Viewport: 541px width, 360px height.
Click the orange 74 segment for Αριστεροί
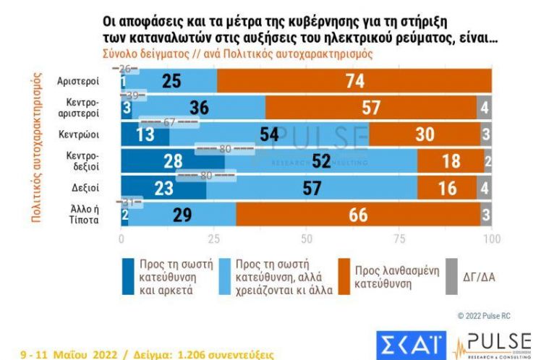354,81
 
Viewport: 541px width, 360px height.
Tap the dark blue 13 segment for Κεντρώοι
144,134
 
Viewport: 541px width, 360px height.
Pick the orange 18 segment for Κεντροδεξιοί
451,160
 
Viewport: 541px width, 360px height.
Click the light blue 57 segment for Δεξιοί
311,188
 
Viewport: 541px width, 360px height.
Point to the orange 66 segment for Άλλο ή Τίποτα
358,215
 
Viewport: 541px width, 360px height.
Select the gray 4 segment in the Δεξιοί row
485,188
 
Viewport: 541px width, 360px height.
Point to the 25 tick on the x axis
213,239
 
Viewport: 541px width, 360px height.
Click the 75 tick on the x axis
399,239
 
